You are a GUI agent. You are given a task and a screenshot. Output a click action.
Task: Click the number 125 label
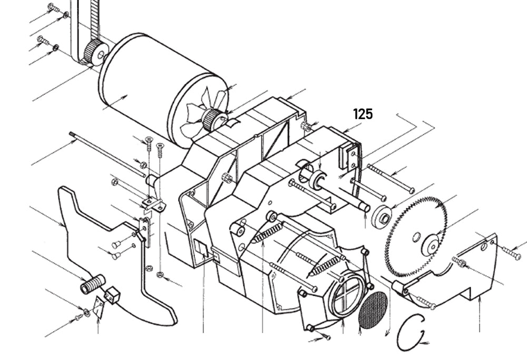coord(363,113)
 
